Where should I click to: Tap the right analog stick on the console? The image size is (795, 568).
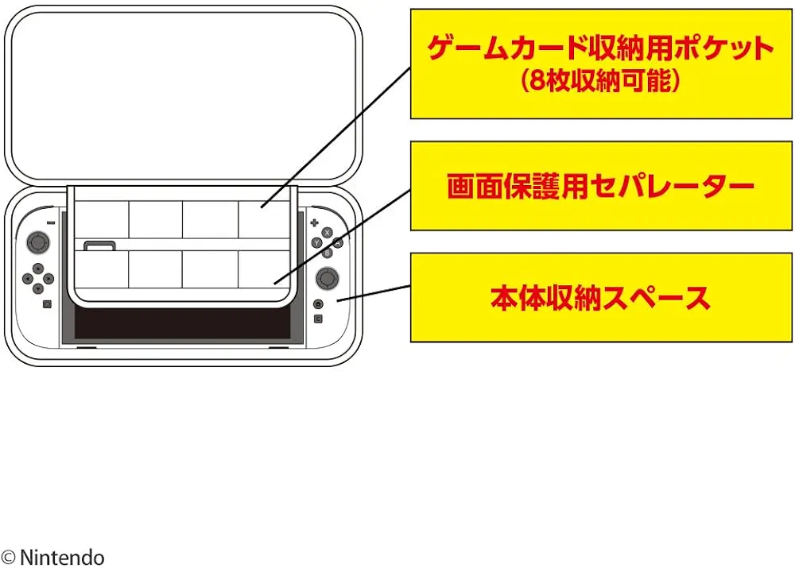[x=327, y=278]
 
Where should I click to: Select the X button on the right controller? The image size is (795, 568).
[x=327, y=233]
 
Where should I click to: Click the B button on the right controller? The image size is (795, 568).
[x=327, y=253]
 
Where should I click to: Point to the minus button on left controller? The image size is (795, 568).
[x=50, y=223]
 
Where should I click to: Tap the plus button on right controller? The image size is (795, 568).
[x=313, y=222]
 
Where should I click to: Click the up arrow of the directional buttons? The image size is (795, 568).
[x=37, y=269]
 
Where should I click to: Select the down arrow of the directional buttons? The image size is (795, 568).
[x=37, y=288]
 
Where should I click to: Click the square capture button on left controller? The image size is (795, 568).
[x=47, y=304]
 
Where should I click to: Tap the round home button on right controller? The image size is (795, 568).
[x=318, y=303]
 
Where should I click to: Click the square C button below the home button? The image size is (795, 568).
[x=318, y=319]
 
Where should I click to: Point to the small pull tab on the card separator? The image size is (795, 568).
[x=99, y=246]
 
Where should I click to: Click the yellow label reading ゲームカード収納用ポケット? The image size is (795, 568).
[x=600, y=49]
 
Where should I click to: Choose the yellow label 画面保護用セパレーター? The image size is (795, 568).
[x=600, y=187]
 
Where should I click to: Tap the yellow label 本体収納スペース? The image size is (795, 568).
[x=600, y=298]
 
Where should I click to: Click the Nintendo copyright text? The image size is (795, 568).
[x=53, y=557]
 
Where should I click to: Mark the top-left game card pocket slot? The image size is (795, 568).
[x=102, y=218]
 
